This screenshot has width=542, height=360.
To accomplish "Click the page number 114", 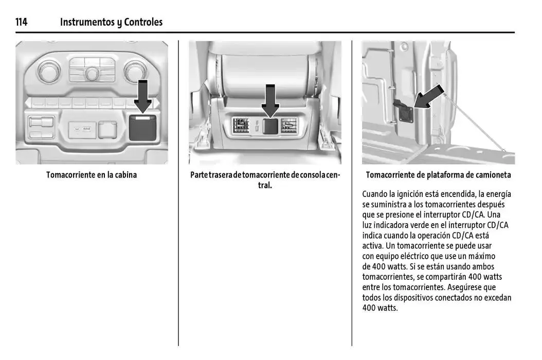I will click(21, 22).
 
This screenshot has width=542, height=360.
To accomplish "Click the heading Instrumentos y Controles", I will click(111, 22).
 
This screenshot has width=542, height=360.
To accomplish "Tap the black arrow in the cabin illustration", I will click(142, 96).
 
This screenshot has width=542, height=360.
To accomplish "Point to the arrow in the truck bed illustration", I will click(428, 98).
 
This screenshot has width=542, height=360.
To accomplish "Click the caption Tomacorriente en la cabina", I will click(92, 175).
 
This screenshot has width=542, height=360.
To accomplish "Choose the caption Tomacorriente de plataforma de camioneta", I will click(438, 175).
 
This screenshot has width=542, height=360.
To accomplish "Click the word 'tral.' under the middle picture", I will click(265, 185).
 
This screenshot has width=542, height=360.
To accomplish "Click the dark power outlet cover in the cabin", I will click(142, 127).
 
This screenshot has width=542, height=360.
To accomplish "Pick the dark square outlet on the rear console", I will click(270, 127).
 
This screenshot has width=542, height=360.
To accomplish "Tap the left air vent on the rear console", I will click(241, 126).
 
